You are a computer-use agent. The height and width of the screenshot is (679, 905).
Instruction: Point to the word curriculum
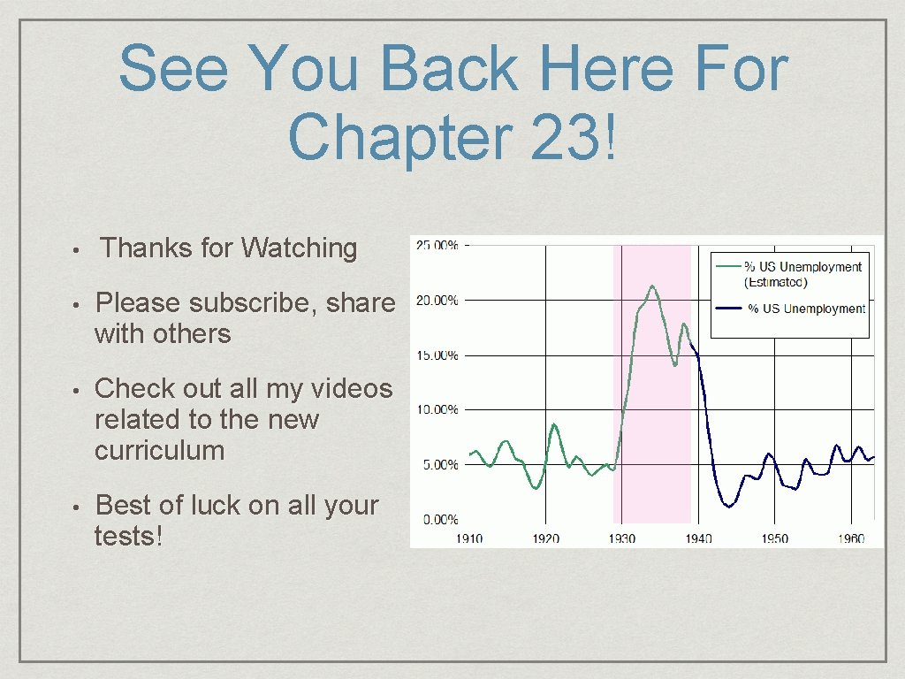coord(159,450)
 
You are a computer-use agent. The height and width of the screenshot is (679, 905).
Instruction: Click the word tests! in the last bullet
coord(128,535)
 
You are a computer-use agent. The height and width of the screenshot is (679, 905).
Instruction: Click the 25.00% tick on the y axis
coord(437,246)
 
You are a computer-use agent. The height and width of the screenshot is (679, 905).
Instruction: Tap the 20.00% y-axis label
coord(437,301)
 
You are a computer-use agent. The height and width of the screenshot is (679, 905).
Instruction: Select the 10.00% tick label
coord(437,410)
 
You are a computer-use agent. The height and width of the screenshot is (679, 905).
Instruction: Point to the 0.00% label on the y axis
coord(439,520)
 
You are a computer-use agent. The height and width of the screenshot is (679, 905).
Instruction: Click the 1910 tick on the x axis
coord(469,538)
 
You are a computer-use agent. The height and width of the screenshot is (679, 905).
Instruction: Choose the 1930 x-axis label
coord(622,538)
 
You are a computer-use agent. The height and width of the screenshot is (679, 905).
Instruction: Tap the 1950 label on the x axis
coord(775,538)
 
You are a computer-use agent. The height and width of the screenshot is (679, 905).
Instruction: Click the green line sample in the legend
coord(728,265)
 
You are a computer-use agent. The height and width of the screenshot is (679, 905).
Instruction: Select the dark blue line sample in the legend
coord(728,309)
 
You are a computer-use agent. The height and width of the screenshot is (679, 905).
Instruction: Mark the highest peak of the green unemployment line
coord(652,286)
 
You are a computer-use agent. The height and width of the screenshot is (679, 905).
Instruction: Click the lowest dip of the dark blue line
coord(728,507)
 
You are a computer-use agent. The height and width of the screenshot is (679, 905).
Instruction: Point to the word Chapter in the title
coord(401,138)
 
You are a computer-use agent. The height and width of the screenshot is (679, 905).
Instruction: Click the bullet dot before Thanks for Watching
coord(78,250)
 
